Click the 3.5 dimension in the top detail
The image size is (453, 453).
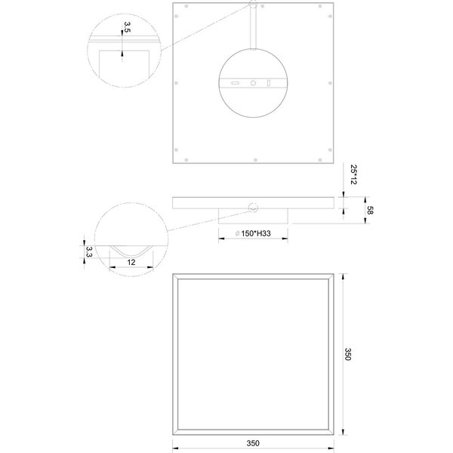(x=127, y=28)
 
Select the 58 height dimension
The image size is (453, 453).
(x=369, y=210)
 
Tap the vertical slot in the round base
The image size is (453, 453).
(x=270, y=82)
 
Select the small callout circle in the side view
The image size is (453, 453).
(x=253, y=207)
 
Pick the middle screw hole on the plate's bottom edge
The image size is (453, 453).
(x=253, y=160)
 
